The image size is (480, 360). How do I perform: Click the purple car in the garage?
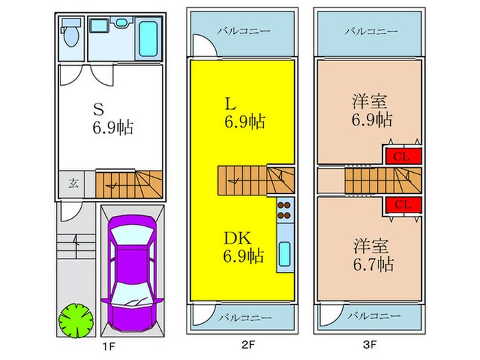pos(133,271)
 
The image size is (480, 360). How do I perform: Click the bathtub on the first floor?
pos(147,38)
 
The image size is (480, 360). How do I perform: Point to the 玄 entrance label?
pos(73,184)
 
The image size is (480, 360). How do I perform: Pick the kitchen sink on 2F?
pos(285,254)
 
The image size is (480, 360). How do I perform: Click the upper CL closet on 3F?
pos(402,156)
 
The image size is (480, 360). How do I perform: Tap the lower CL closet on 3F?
pos(402,204)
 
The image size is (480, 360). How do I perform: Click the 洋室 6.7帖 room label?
pos(370,254)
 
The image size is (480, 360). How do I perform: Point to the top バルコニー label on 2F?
pos(244,31)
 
